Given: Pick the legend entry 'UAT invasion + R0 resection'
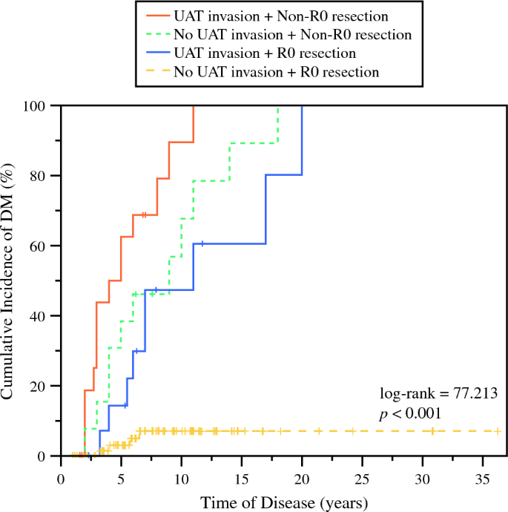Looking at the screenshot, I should coord(264,53).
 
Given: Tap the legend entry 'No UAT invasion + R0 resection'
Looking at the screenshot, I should coord(276,72).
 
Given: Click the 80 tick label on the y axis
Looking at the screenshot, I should coord(43,176).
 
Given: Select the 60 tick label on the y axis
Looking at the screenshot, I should coord(43,246).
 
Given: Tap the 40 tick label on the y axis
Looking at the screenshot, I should coord(43,316).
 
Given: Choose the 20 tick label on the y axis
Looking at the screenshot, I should coord(43,387).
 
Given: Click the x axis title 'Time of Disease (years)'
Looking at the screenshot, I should coord(284,502).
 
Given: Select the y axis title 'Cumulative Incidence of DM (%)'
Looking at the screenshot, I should coord(10,280).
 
